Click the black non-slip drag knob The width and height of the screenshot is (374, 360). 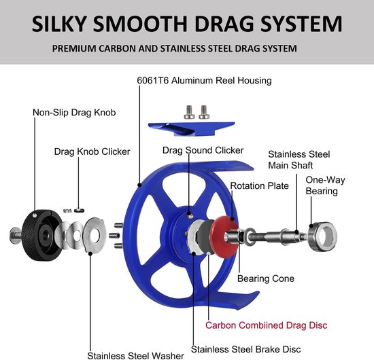[x=41, y=235]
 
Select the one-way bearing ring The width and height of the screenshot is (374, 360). [x=322, y=236]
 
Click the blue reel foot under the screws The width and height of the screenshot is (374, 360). [x=191, y=128]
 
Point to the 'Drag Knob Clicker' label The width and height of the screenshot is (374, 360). [x=92, y=151]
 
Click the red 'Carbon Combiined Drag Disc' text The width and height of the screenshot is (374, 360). [x=266, y=325]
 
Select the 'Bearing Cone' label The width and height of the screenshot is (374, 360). [x=266, y=278]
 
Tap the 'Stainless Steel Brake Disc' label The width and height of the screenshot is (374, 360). [x=245, y=349]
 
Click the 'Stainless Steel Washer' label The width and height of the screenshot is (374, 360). [x=135, y=355]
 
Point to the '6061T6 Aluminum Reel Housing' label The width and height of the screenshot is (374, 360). [x=204, y=81]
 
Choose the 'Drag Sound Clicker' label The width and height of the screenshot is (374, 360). [x=203, y=150]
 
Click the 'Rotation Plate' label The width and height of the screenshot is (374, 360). [x=259, y=186]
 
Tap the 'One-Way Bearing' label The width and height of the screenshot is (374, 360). [x=325, y=185]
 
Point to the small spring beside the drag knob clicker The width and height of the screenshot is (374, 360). [x=67, y=211]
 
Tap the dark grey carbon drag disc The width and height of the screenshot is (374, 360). [x=203, y=236]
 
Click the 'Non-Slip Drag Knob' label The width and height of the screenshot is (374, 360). [x=74, y=113]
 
